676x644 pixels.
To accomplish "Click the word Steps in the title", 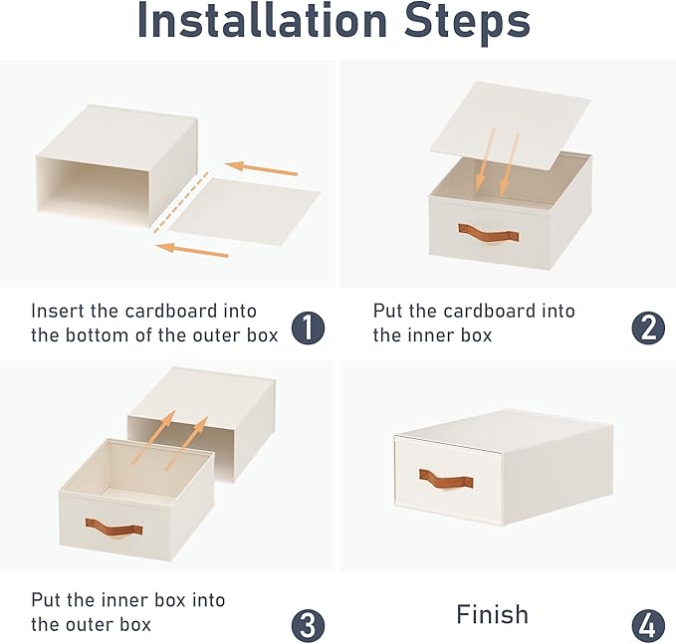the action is [467, 24].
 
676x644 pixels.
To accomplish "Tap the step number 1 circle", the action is [308, 327].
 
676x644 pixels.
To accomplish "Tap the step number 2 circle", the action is [648, 327].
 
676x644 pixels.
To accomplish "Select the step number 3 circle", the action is [308, 625].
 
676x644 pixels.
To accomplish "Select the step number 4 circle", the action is [648, 625].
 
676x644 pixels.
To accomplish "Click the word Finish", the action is [492, 614].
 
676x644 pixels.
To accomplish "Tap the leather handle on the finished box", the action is [446, 479].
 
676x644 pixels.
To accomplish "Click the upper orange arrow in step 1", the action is [261, 168].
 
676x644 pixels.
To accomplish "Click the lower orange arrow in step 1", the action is [192, 251].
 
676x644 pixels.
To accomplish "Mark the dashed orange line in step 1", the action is [181, 202].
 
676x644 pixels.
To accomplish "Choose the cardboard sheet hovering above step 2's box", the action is [510, 126].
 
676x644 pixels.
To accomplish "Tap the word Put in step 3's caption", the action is [46, 600].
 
